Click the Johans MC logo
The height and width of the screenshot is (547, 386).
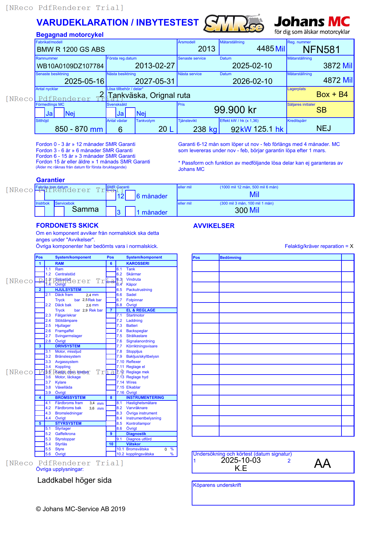pos(312,25)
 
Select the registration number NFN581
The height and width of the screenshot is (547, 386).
pos(321,50)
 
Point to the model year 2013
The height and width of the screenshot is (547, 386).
pos(206,49)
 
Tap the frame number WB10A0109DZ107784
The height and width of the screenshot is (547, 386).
pos(70,66)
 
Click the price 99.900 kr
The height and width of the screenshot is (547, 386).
pos(235,110)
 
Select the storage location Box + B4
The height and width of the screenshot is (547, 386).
pos(332,94)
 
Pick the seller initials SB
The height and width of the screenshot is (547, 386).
pos(321,110)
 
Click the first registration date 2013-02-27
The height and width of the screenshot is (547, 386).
pos(155,66)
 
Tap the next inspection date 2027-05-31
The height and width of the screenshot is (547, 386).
pos(155,81)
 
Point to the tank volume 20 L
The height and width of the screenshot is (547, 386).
pos(166,129)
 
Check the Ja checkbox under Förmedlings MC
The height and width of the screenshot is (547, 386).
pos(40,113)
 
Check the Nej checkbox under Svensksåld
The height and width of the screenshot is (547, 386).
pos(130,113)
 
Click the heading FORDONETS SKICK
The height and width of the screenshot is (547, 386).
pos(67,225)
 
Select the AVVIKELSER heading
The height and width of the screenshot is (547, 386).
pos(214,226)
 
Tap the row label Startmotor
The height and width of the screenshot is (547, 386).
pos(135,315)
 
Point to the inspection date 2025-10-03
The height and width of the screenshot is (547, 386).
pos(241,460)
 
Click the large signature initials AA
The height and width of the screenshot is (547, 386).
pos(322,463)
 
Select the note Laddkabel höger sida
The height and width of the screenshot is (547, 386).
pos(74,480)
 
